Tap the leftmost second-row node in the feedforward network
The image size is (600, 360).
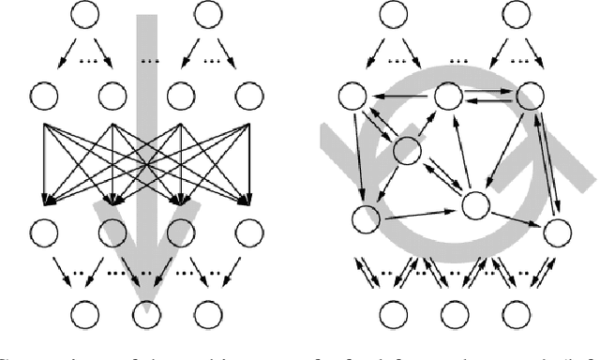(43, 95)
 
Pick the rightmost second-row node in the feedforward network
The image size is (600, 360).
(247, 95)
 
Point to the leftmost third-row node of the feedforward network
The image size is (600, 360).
(43, 230)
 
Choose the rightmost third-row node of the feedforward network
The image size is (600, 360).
(247, 230)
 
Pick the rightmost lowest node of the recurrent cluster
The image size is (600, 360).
(557, 230)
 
